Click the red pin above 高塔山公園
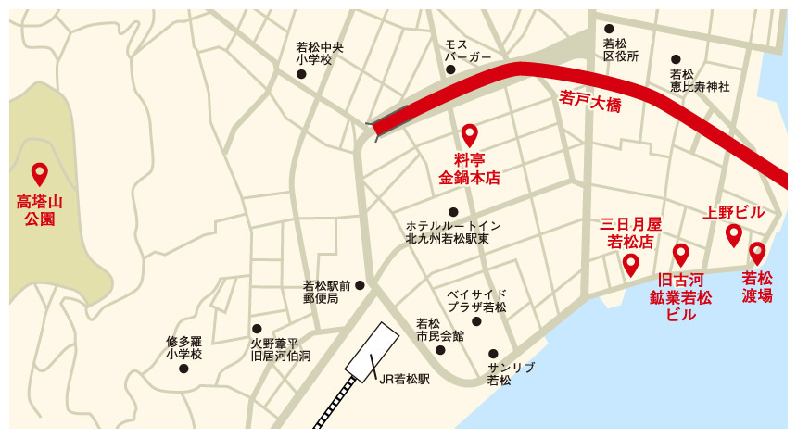[x=39, y=173]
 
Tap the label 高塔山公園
[x=38, y=209]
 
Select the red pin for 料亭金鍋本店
[x=469, y=135]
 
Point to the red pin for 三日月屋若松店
[x=631, y=265]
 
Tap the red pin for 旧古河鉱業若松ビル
[x=681, y=255]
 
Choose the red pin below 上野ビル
[x=733, y=235]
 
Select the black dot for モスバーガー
[x=450, y=69]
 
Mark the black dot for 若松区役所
[x=609, y=29]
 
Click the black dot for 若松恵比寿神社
[x=676, y=59]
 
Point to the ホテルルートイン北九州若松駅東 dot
[x=453, y=212]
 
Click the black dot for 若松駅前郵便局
[x=360, y=285]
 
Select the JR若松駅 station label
[x=405, y=379]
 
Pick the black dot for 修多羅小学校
[x=183, y=368]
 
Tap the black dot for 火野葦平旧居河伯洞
[x=257, y=329]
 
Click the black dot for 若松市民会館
[x=440, y=349]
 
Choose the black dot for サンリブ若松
[x=493, y=353]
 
